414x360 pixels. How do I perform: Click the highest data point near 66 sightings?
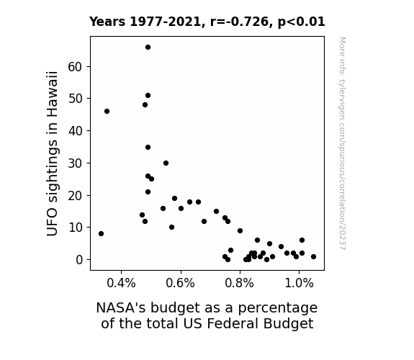coord(148,48)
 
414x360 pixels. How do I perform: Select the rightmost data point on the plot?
coord(313,257)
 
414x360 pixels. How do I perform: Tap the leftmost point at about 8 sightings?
coord(101,234)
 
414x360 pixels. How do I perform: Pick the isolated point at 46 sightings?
coord(107,112)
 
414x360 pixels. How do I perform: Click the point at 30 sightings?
coord(166,163)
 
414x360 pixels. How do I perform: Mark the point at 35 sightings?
coord(148,148)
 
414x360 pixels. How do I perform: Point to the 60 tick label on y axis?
coord(75,67)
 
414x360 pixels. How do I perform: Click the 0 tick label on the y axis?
coord(79,260)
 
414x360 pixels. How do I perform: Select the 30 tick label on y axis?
coord(75,163)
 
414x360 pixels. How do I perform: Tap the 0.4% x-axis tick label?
coord(121,284)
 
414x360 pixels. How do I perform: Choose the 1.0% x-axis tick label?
coord(299,284)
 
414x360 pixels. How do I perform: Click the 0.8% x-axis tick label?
coord(240,284)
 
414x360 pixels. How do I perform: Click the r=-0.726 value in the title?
coord(239,22)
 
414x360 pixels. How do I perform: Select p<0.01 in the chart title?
coord(301,22)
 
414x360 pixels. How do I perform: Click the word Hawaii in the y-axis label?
coord(52,94)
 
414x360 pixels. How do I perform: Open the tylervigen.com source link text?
coord(342,143)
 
